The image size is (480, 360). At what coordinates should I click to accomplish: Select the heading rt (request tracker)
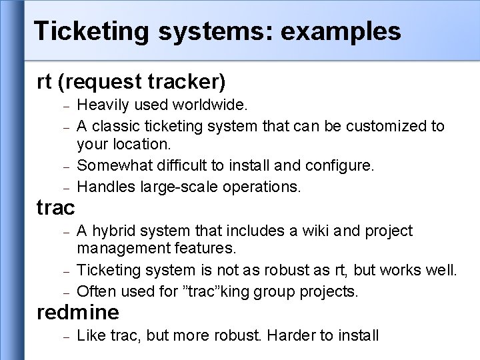[131, 82]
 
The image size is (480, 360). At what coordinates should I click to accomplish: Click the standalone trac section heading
[56, 208]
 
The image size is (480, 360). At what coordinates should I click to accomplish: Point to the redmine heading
[79, 311]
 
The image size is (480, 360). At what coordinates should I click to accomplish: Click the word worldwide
[210, 105]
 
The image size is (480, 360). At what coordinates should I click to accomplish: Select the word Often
[95, 291]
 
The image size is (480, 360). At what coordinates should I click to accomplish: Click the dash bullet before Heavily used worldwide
[65, 106]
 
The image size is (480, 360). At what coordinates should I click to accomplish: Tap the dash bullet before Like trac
[65, 336]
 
